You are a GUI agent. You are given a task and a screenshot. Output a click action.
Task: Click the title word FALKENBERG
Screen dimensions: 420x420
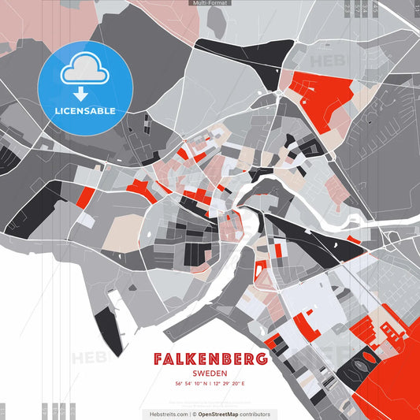click(x=210, y=360)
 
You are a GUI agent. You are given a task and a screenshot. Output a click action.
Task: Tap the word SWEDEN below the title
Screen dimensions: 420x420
click(x=210, y=374)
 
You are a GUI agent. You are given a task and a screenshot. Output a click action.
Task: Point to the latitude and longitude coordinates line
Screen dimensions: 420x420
click(x=210, y=384)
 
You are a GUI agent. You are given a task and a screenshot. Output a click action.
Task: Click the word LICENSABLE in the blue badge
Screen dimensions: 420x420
click(x=85, y=110)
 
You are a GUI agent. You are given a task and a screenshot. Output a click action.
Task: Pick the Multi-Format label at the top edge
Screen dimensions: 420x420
click(x=210, y=3)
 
